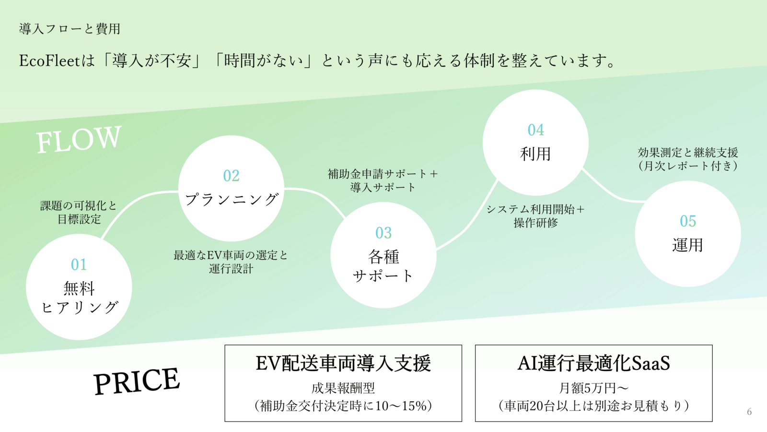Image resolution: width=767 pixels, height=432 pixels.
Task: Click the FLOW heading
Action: tap(79, 139)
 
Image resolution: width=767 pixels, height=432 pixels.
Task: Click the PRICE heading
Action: tap(137, 381)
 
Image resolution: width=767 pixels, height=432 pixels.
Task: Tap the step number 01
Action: tap(79, 264)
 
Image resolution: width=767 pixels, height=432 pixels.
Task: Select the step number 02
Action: tap(231, 176)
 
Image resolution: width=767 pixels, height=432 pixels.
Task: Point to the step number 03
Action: tap(383, 233)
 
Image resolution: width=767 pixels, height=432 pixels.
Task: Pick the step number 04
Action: tap(535, 130)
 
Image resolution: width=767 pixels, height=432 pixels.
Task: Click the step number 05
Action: tap(687, 221)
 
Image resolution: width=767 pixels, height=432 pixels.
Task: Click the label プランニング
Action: tap(231, 199)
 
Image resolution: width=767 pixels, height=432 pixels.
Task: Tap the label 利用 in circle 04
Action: tap(535, 154)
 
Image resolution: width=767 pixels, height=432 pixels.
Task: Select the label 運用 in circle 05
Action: tap(687, 245)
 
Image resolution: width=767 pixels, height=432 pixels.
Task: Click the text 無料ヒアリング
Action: tap(79, 298)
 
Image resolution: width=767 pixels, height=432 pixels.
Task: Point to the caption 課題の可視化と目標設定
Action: tap(79, 213)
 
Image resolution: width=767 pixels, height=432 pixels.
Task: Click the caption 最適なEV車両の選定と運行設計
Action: tap(231, 262)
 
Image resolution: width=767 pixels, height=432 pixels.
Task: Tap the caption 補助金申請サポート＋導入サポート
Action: tap(383, 180)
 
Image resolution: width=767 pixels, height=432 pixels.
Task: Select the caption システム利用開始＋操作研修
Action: tap(535, 216)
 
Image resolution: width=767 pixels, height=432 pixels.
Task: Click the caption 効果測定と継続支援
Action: tap(687, 153)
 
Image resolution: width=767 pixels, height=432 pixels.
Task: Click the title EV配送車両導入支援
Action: tap(343, 363)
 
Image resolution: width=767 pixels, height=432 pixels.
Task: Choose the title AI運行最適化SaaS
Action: tap(593, 363)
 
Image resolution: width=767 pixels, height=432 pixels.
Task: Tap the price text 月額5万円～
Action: tap(593, 388)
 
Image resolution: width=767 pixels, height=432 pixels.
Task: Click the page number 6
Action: tap(749, 412)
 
